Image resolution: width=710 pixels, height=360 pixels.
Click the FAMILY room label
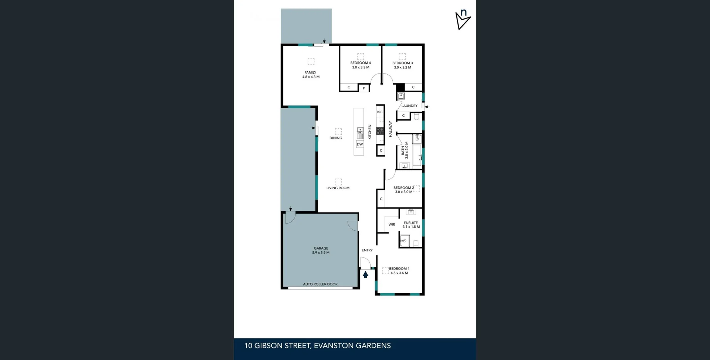[x=310, y=72]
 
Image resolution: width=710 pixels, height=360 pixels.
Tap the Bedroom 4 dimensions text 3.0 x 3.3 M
[x=361, y=67]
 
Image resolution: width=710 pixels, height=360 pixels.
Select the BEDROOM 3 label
[x=402, y=63]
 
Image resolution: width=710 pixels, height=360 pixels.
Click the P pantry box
[x=364, y=88]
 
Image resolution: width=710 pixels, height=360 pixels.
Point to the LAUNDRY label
[x=409, y=106]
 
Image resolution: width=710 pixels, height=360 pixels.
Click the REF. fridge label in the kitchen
[x=379, y=112]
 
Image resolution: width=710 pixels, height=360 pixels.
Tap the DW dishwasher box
[x=360, y=144]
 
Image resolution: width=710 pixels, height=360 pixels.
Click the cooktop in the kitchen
[x=380, y=131]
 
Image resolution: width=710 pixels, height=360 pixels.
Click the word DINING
[x=336, y=138]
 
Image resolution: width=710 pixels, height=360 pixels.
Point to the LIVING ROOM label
[x=338, y=188]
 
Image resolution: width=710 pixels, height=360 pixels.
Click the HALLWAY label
[x=390, y=129]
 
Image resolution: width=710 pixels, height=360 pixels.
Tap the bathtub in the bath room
[x=417, y=155]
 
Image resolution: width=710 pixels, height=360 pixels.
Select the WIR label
[x=392, y=224]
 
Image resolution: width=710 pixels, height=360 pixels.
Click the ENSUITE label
[x=410, y=223]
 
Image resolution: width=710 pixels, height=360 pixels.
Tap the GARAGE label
[x=321, y=248]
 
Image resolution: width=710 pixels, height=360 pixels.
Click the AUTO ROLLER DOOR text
[x=320, y=284]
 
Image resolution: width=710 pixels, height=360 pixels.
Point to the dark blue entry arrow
[x=365, y=275]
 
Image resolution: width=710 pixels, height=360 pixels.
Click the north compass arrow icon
[x=462, y=21]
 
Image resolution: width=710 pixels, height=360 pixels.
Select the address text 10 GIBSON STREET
[x=277, y=346]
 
